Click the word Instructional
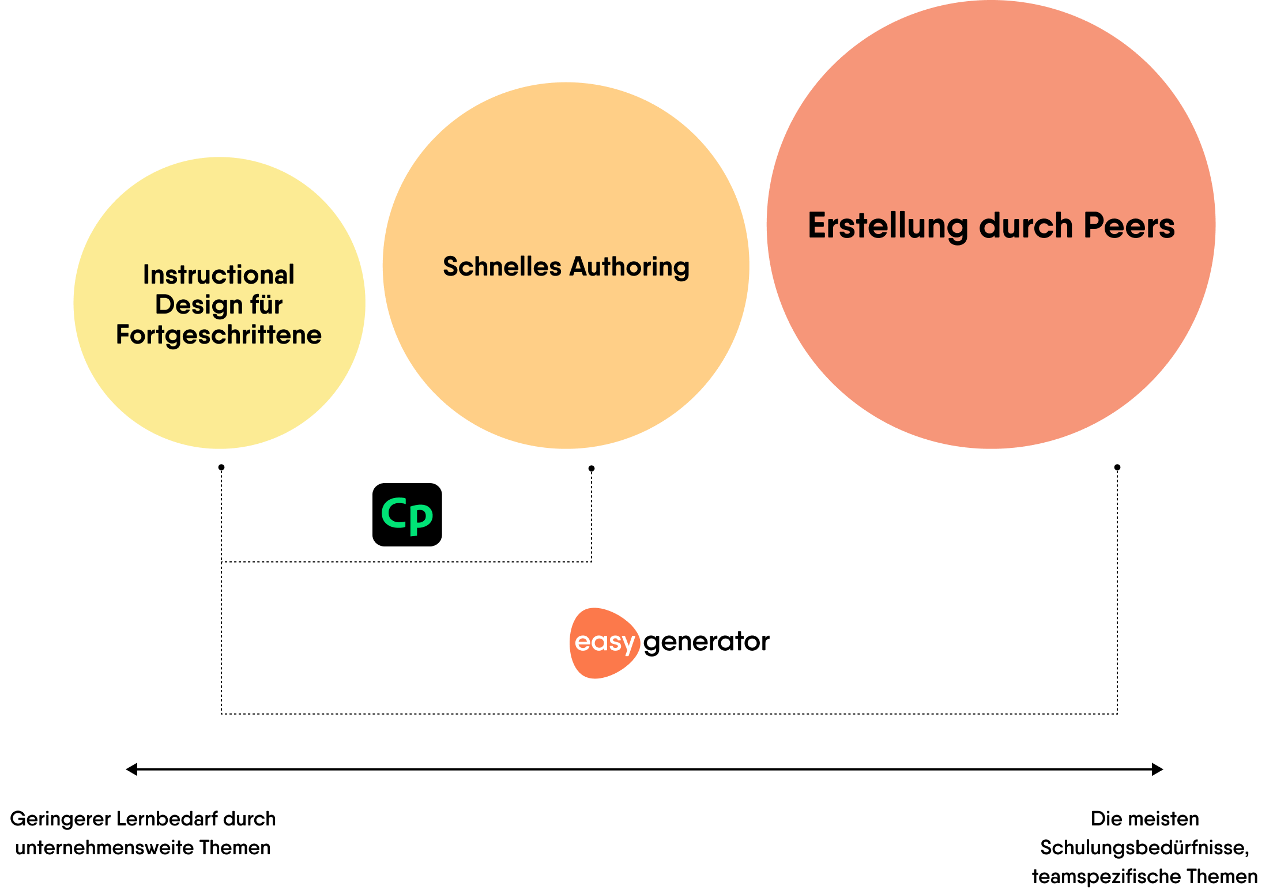[x=219, y=275]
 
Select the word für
[x=266, y=305]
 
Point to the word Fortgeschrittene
[x=219, y=335]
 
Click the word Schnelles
[x=502, y=267]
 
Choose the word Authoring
[x=630, y=267]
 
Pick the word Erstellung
[x=888, y=225]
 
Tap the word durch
[x=1026, y=225]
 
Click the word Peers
[x=1129, y=225]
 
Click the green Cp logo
[x=407, y=515]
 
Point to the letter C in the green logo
[x=394, y=512]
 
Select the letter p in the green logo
[x=421, y=518]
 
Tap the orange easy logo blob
[x=604, y=643]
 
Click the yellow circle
[x=219, y=392]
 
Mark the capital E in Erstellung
[x=818, y=225]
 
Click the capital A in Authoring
[x=579, y=267]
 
